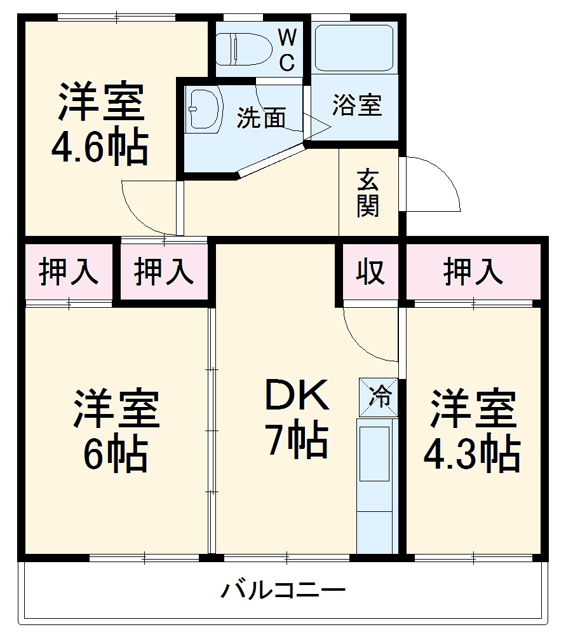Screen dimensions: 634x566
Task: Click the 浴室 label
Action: tap(356, 105)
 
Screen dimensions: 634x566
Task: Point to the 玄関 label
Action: tap(368, 194)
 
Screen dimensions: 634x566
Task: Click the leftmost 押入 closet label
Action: tap(69, 272)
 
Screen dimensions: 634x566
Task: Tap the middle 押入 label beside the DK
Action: tap(163, 272)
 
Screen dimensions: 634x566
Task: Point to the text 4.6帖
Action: tap(100, 148)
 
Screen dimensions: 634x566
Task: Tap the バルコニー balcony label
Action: tap(283, 591)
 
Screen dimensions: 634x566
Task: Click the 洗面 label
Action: tap(261, 118)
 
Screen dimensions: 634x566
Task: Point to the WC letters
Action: tap(287, 50)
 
